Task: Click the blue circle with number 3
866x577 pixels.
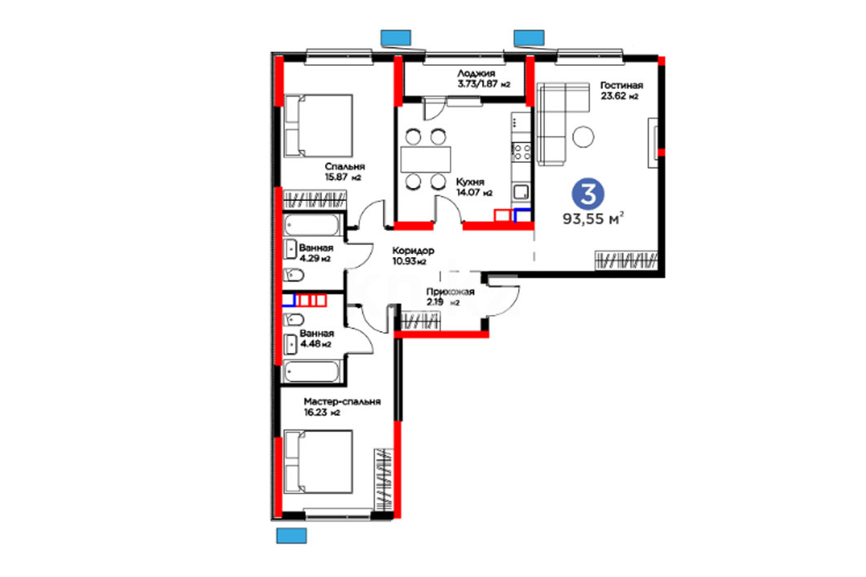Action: (x=587, y=194)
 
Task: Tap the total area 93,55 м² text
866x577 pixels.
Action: (x=593, y=218)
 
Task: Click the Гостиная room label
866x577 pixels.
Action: (x=622, y=85)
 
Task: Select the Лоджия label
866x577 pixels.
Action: (x=476, y=73)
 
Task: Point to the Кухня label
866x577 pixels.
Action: (x=470, y=182)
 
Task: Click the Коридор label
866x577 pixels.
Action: (x=413, y=251)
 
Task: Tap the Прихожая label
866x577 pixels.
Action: (x=451, y=292)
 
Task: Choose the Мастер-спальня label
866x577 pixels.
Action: (x=342, y=401)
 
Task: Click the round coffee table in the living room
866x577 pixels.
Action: (x=582, y=137)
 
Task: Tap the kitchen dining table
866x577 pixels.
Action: (x=426, y=160)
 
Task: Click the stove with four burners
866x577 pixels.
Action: (x=521, y=152)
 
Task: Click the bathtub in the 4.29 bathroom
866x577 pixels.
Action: (x=312, y=225)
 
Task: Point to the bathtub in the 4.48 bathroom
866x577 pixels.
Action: (x=311, y=371)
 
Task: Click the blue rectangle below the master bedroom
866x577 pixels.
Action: (x=291, y=535)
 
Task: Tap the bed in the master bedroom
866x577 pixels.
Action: (x=318, y=462)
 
